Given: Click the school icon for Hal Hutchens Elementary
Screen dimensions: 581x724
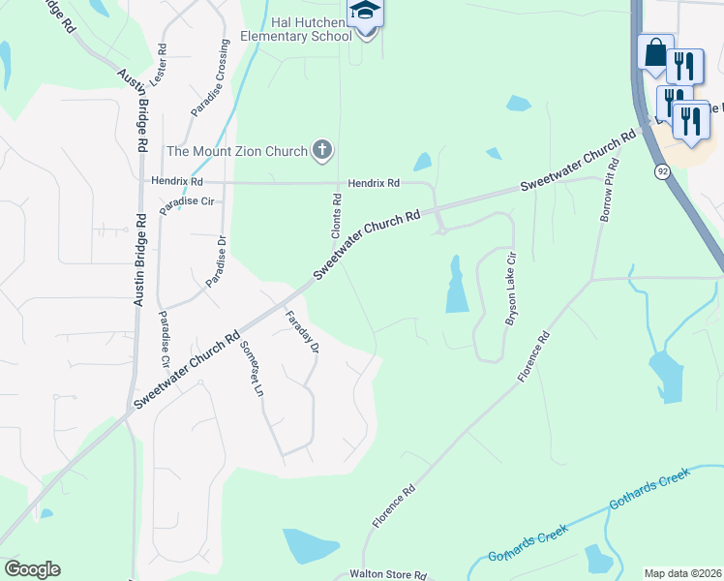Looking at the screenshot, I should [366, 13].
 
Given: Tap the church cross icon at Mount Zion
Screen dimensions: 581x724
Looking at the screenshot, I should [322, 150].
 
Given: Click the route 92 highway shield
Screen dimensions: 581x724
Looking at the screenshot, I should [661, 171].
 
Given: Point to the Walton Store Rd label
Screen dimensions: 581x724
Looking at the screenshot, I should [388, 574].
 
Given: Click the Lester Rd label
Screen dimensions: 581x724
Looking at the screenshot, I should [161, 62].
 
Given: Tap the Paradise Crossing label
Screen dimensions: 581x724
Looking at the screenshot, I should [210, 78].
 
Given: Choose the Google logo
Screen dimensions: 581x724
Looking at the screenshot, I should [32, 569].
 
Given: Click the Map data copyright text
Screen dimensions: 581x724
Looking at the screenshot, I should [682, 573].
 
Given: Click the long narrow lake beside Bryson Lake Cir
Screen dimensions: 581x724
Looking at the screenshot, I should [457, 287].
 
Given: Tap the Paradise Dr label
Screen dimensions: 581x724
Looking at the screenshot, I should [216, 261].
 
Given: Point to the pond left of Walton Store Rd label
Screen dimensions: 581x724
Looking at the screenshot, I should [309, 547].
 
